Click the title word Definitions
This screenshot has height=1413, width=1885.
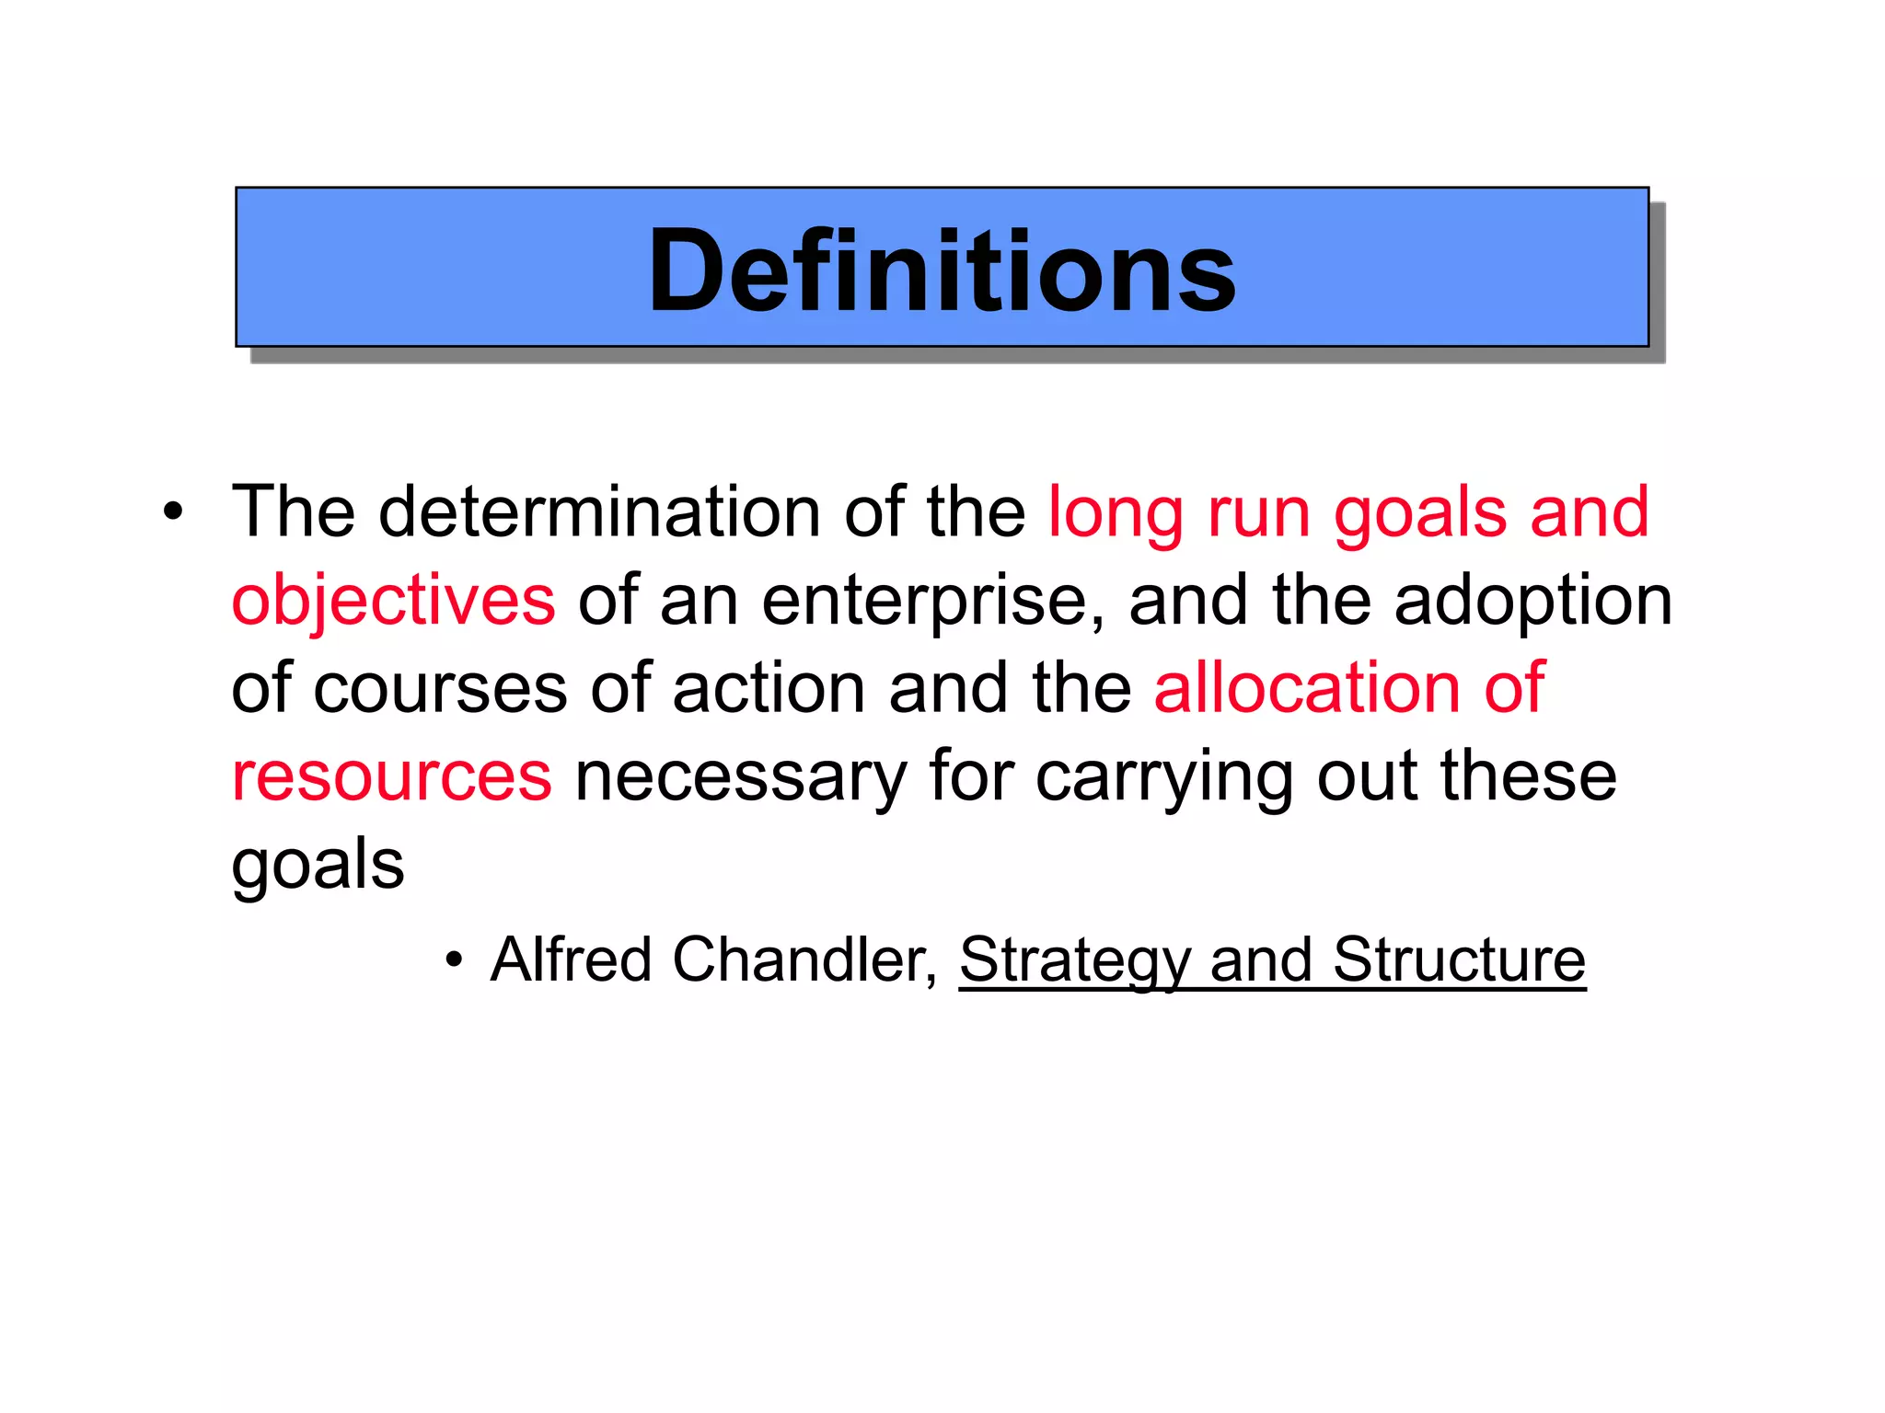[x=942, y=270]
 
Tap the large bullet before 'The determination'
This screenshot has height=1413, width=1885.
[x=173, y=511]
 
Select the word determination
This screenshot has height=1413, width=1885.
[x=599, y=511]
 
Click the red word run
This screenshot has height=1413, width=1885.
[x=1258, y=513]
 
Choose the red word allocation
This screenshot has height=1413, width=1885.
[x=1306, y=688]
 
